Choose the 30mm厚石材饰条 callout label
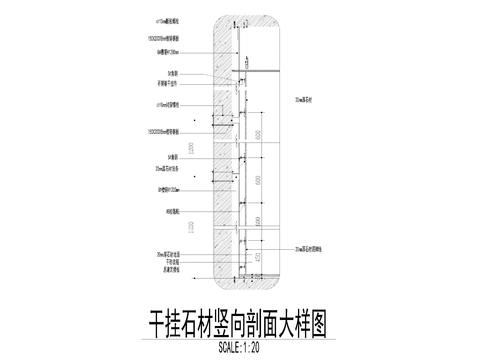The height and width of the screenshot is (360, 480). (167, 171)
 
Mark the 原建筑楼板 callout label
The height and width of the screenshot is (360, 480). (166, 269)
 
